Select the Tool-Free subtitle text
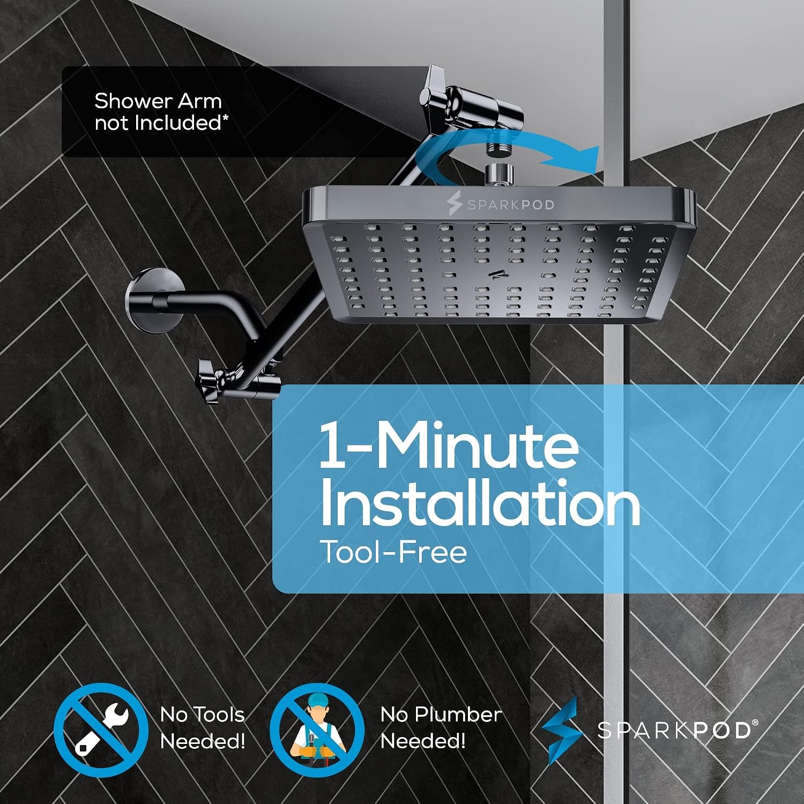pyautogui.click(x=393, y=552)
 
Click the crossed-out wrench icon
pyautogui.click(x=101, y=729)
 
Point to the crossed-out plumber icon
pyautogui.click(x=317, y=729)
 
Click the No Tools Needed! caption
pyautogui.click(x=202, y=728)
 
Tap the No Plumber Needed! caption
pyautogui.click(x=441, y=728)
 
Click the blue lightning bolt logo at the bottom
pyautogui.click(x=561, y=730)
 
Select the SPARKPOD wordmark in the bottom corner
pyautogui.click(x=678, y=730)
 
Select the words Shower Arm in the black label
pyautogui.click(x=158, y=101)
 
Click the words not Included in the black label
pyautogui.click(x=158, y=123)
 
